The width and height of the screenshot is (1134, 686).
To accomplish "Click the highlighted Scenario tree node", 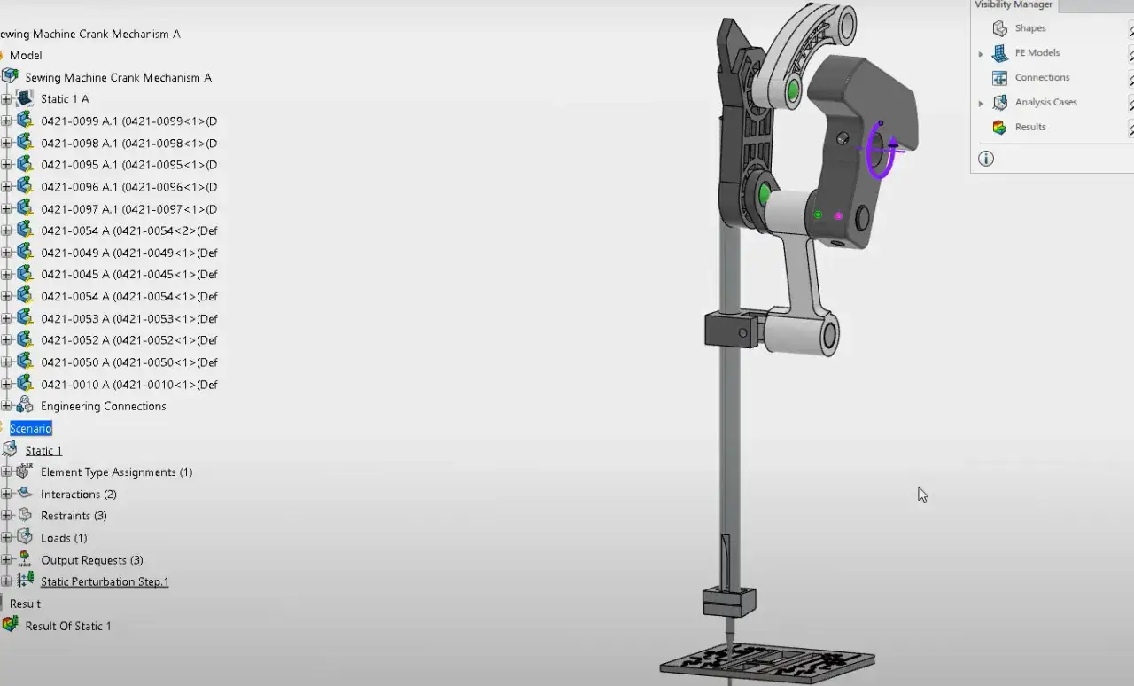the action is click(x=31, y=428).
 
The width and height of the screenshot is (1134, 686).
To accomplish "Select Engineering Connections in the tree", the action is click(x=104, y=406).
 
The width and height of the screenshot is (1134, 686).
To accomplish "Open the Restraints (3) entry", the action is click(x=74, y=516).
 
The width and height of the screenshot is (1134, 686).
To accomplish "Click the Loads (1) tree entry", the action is click(x=64, y=538).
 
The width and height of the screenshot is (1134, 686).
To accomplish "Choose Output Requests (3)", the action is click(x=92, y=560).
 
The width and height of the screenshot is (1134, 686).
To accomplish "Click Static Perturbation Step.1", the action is click(x=105, y=581).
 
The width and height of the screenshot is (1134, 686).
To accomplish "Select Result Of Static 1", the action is click(x=68, y=627).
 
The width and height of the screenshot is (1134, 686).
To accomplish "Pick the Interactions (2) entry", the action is click(x=79, y=495).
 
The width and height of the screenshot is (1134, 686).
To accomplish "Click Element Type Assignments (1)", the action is click(x=117, y=472).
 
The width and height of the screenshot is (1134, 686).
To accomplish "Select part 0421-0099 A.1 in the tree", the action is click(x=129, y=121).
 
